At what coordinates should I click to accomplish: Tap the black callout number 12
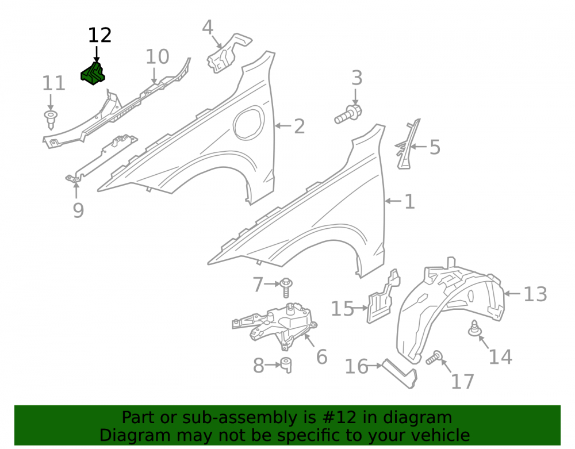coord(99,36)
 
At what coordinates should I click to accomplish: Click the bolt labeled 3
coord(348,114)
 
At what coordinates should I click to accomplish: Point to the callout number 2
coord(299,126)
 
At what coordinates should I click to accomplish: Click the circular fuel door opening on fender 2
coord(249,123)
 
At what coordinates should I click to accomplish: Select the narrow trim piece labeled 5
coord(407,144)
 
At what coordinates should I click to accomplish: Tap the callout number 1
coord(409,202)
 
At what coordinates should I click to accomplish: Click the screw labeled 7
coord(286,287)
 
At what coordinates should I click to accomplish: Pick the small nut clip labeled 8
coord(286,365)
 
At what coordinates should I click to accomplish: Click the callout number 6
coord(321,357)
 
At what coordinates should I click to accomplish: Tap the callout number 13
coord(535,294)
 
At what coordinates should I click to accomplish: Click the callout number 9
coord(78,210)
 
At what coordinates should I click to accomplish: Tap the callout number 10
coord(158,57)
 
